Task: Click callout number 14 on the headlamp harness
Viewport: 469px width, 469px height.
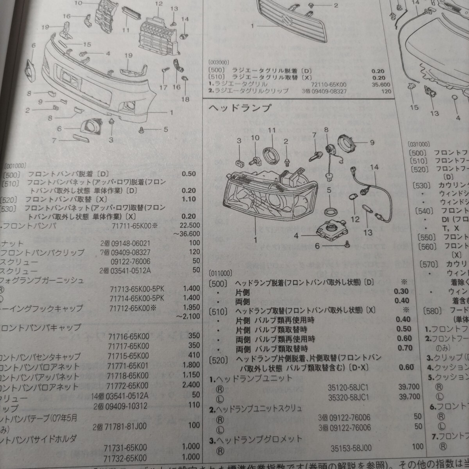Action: point(374,167)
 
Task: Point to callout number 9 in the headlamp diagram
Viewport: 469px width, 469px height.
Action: point(372,143)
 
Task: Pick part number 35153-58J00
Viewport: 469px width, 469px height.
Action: point(351,448)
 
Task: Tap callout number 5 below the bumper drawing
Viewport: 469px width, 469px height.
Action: point(166,129)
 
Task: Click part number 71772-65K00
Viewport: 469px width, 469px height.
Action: point(128,387)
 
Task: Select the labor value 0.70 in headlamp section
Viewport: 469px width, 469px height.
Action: point(404,347)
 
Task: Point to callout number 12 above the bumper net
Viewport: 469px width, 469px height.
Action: point(158,4)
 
